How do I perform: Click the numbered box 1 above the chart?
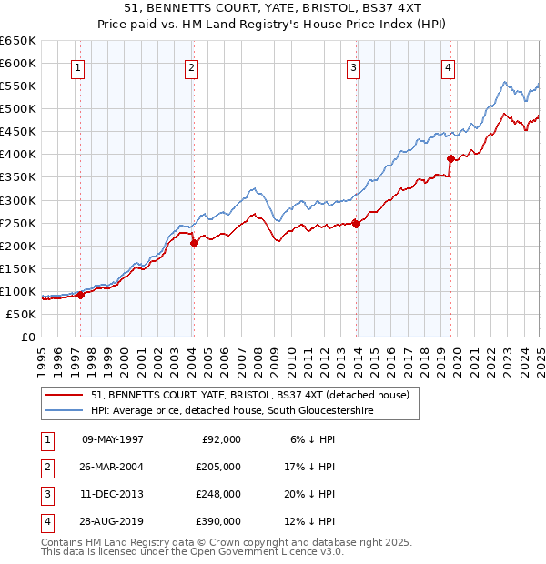click(77, 67)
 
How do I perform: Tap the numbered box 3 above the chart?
click(352, 67)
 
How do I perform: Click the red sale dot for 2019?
click(450, 158)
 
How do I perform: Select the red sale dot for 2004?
click(194, 243)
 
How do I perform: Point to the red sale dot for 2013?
click(356, 223)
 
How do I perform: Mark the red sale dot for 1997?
click(81, 295)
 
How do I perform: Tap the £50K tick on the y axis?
click(22, 314)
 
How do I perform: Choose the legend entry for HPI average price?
click(231, 411)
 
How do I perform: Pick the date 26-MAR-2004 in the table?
click(113, 467)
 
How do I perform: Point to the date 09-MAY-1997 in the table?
click(113, 439)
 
